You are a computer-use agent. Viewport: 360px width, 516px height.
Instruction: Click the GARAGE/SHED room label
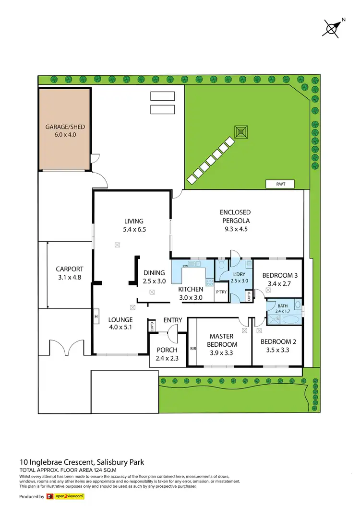[x=65, y=127]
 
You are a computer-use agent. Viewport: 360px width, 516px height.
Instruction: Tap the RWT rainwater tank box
[x=280, y=184]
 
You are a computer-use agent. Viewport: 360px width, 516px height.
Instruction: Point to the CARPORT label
[x=70, y=269]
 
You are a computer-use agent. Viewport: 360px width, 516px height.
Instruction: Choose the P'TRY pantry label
[x=221, y=292]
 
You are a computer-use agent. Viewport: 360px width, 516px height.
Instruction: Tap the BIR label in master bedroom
[x=193, y=349]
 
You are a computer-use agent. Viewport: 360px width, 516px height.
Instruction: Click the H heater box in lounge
[x=96, y=317]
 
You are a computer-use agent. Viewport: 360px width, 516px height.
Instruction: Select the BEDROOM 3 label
[x=280, y=275]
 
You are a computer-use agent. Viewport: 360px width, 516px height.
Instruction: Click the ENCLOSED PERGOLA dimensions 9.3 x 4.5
[x=235, y=229]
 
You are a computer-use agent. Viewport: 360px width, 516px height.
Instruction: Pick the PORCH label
[x=167, y=350]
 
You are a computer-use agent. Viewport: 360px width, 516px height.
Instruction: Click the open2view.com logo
[x=65, y=496]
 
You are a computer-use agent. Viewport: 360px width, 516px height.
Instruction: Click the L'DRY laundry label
[x=239, y=275]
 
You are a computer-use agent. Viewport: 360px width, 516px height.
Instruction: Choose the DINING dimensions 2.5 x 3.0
[x=154, y=281]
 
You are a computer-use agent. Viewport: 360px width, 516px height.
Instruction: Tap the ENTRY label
[x=173, y=320]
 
